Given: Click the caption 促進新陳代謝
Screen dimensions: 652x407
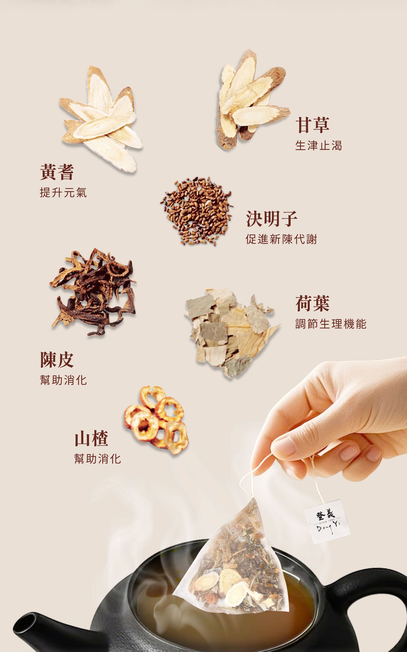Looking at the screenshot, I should pyautogui.click(x=281, y=239).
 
